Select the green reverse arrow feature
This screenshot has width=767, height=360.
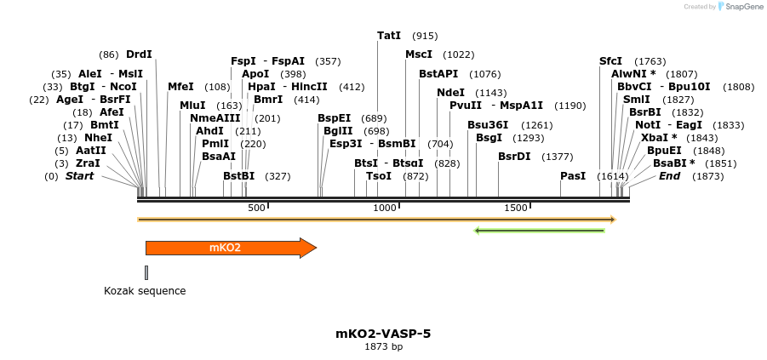(x=539, y=230)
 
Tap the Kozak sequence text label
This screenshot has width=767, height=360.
(x=145, y=291)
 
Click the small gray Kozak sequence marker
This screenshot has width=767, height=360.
(x=146, y=272)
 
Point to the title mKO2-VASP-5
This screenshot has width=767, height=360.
(x=383, y=334)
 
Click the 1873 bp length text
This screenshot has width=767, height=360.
(x=383, y=347)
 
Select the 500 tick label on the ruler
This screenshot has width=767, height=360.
(x=256, y=209)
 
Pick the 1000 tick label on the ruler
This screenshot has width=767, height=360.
(x=385, y=209)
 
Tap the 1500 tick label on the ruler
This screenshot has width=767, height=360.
(x=516, y=209)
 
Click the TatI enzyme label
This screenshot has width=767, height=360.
(x=389, y=36)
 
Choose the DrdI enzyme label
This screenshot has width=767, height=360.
(x=139, y=54)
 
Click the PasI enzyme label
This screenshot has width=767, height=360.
(x=573, y=176)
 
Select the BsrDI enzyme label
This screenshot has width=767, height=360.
(x=514, y=157)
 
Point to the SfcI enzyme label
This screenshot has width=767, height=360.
(x=610, y=61)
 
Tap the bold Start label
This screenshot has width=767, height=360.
(x=80, y=176)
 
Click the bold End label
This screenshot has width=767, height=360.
(x=670, y=176)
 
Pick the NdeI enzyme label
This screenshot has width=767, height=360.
(x=451, y=93)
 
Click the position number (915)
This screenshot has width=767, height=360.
(x=425, y=36)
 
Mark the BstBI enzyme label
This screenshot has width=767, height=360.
(x=239, y=176)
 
